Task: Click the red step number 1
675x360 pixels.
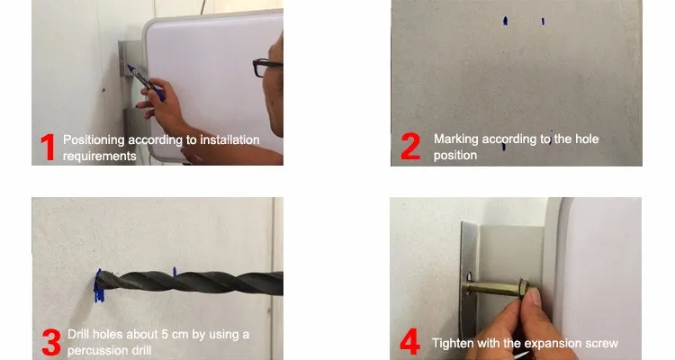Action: (49, 148)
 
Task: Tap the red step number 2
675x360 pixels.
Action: (410, 147)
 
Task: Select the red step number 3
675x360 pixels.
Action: (51, 342)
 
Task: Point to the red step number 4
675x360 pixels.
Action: (409, 341)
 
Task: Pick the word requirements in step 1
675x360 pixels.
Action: (99, 156)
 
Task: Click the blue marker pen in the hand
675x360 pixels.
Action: (146, 82)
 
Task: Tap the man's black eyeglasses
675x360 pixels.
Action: (265, 67)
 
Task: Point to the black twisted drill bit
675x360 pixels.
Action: (189, 283)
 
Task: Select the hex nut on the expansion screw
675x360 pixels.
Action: (524, 287)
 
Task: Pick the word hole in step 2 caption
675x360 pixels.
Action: (586, 139)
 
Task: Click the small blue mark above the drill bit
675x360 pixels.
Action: (175, 271)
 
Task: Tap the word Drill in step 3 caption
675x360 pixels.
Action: (78, 334)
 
